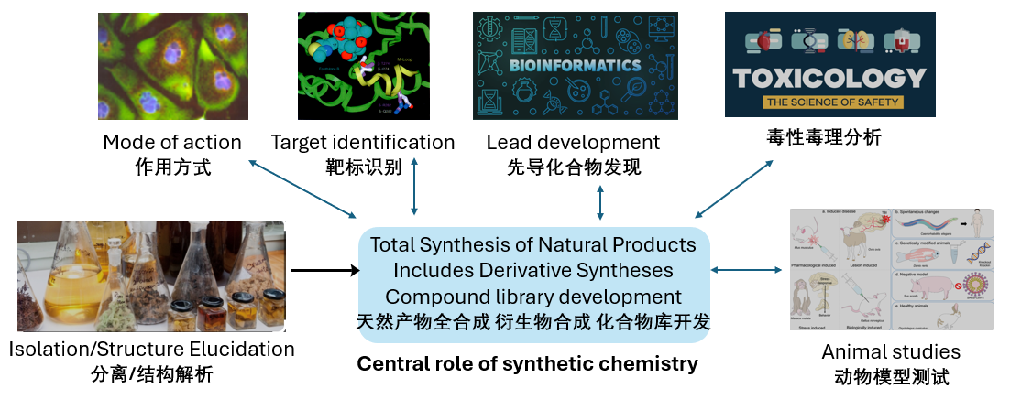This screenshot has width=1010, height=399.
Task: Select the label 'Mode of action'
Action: pos(172,143)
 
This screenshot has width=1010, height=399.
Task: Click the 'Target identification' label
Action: pos(363,143)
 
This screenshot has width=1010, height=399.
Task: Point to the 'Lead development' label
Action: pos(573,143)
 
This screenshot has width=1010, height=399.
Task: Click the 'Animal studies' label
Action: pos(891,352)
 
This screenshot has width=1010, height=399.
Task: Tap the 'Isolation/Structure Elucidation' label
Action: pos(151,350)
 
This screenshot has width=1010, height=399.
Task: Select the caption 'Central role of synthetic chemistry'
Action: pos(527,364)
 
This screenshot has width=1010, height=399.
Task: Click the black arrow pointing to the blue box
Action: pos(324,270)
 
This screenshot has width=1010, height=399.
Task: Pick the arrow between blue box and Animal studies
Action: pos(749,270)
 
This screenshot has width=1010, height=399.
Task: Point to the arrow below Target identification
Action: pos(414,187)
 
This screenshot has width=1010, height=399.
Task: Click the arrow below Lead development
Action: pos(600,201)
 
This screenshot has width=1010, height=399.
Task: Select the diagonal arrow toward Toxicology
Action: pos(732,187)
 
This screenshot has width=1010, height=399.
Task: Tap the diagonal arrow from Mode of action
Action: pos(302,189)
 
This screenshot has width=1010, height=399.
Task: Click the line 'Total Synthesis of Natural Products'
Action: pos(532,245)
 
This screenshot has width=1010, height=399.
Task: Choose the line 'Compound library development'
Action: pos(532,297)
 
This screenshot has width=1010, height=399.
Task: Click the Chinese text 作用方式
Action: pos(172,167)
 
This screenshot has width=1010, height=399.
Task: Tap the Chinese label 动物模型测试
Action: pos(891,376)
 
